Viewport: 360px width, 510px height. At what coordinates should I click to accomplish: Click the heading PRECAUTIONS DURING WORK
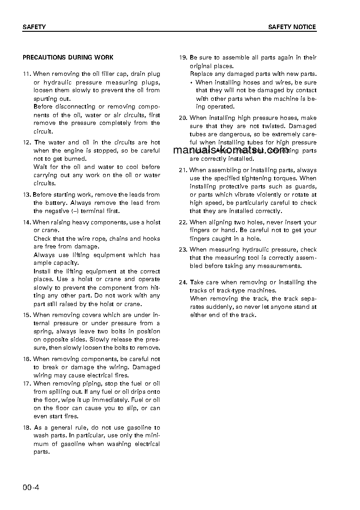point(68,58)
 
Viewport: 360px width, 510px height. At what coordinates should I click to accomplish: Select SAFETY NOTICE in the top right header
point(292,27)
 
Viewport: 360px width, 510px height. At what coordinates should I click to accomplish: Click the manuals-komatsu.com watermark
point(231,150)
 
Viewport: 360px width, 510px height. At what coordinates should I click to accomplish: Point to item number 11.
point(26,74)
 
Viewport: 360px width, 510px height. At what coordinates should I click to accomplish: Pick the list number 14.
point(26,223)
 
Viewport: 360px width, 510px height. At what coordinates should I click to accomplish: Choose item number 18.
point(26,428)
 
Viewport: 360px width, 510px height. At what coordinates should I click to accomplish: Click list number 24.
point(183,282)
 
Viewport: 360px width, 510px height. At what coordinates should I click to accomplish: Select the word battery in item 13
point(55,203)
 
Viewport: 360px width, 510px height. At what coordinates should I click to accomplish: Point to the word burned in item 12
point(77,159)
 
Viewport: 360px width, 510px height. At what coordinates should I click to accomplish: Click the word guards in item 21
point(306,187)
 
